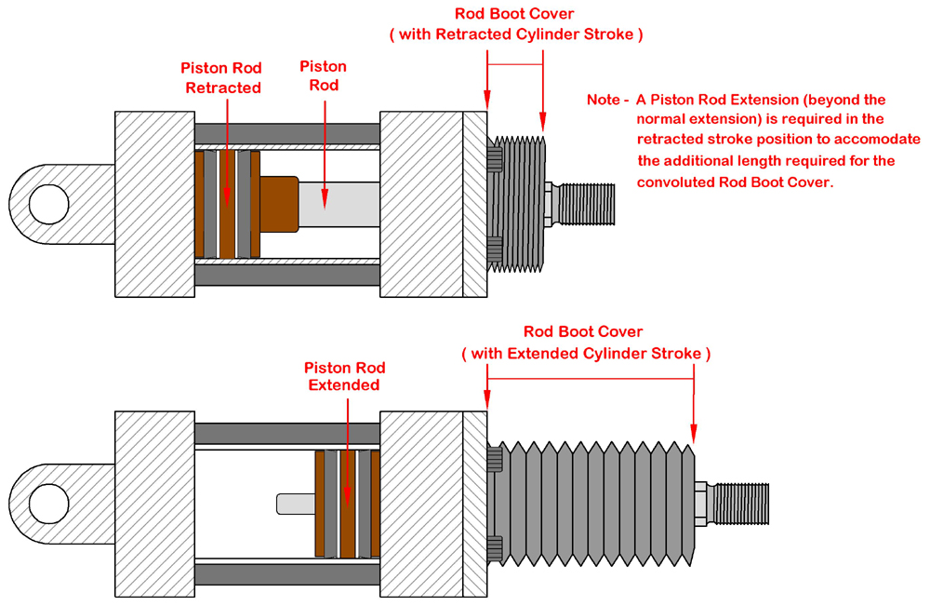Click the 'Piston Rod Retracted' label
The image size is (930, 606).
pos(222,78)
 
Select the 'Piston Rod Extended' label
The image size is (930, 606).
pos(344,376)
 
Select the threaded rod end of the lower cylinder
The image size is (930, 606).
pos(744,504)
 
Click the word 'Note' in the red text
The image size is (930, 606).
pos(604,100)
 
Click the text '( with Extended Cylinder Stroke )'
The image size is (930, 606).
pos(586,354)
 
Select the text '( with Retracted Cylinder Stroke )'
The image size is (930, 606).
pos(515,34)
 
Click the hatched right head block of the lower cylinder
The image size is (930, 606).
pos(423,504)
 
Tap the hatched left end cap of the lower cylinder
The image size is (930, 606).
pos(153,504)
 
